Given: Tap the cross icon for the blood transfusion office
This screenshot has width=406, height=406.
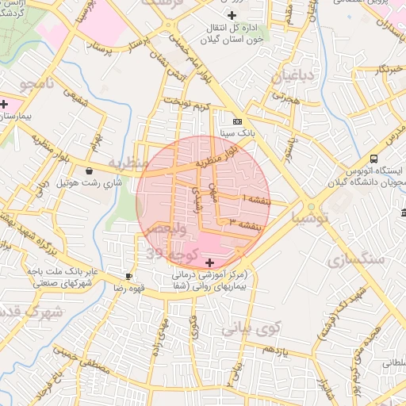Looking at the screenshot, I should pyautogui.click(x=231, y=15).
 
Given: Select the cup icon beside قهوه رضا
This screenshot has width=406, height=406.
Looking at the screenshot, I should pyautogui.click(x=128, y=276).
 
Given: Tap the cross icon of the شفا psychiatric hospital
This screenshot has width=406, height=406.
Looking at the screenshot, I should pyautogui.click(x=209, y=262).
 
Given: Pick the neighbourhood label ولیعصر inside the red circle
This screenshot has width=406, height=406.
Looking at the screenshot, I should pyautogui.click(x=184, y=231).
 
